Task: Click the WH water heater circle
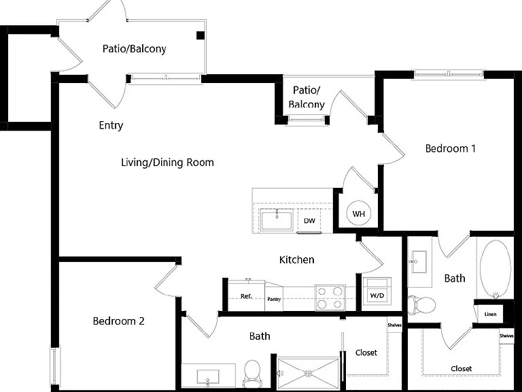[x=358, y=214]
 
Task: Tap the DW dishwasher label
[x=310, y=220]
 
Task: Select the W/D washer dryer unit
[x=377, y=291]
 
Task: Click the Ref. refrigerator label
[x=246, y=296]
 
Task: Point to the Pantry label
[x=274, y=299]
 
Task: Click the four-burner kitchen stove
[x=330, y=297]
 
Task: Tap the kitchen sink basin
[x=277, y=219]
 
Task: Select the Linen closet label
[x=490, y=314]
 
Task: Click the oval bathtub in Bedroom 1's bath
[x=495, y=269]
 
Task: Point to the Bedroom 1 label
[x=451, y=148]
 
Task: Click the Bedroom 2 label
[x=118, y=321]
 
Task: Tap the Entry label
[x=111, y=125]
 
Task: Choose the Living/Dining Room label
[x=167, y=163]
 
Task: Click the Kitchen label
[x=296, y=260]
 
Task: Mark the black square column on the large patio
[x=200, y=35]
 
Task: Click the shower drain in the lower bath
[x=309, y=374]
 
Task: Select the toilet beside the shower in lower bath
[x=251, y=372]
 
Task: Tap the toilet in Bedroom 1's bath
[x=422, y=305]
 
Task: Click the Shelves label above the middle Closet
[x=394, y=325]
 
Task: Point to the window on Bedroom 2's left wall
[x=54, y=366]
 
